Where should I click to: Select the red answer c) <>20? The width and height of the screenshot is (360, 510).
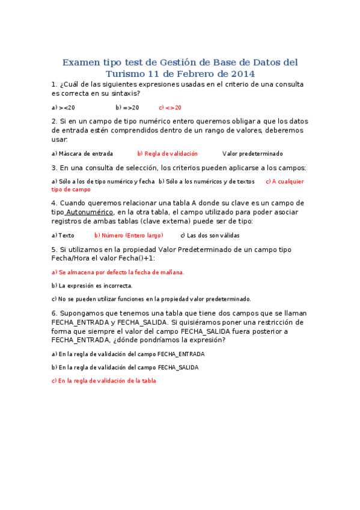[170, 108]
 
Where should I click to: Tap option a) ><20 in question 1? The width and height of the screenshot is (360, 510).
[64, 108]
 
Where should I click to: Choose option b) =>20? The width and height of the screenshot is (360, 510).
[127, 108]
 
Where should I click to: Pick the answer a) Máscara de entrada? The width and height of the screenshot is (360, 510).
[82, 154]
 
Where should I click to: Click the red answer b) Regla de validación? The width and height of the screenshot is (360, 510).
[167, 154]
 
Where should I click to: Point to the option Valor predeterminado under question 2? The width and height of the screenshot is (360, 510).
[252, 154]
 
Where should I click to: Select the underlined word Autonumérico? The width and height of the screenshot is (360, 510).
[89, 212]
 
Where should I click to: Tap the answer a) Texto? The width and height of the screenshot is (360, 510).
[63, 236]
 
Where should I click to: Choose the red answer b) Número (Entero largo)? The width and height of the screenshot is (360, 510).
[129, 236]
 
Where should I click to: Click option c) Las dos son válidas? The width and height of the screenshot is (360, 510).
[210, 236]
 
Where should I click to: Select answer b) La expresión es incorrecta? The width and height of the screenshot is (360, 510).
[92, 286]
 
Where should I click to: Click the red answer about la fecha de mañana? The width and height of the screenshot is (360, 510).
[118, 272]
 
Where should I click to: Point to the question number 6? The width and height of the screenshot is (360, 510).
[54, 313]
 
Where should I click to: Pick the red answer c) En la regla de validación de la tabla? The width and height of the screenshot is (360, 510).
[104, 381]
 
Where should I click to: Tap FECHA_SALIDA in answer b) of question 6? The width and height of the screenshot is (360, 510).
[178, 367]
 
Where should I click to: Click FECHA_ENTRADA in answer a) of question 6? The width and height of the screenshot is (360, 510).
[180, 354]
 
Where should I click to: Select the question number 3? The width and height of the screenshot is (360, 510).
[54, 168]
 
